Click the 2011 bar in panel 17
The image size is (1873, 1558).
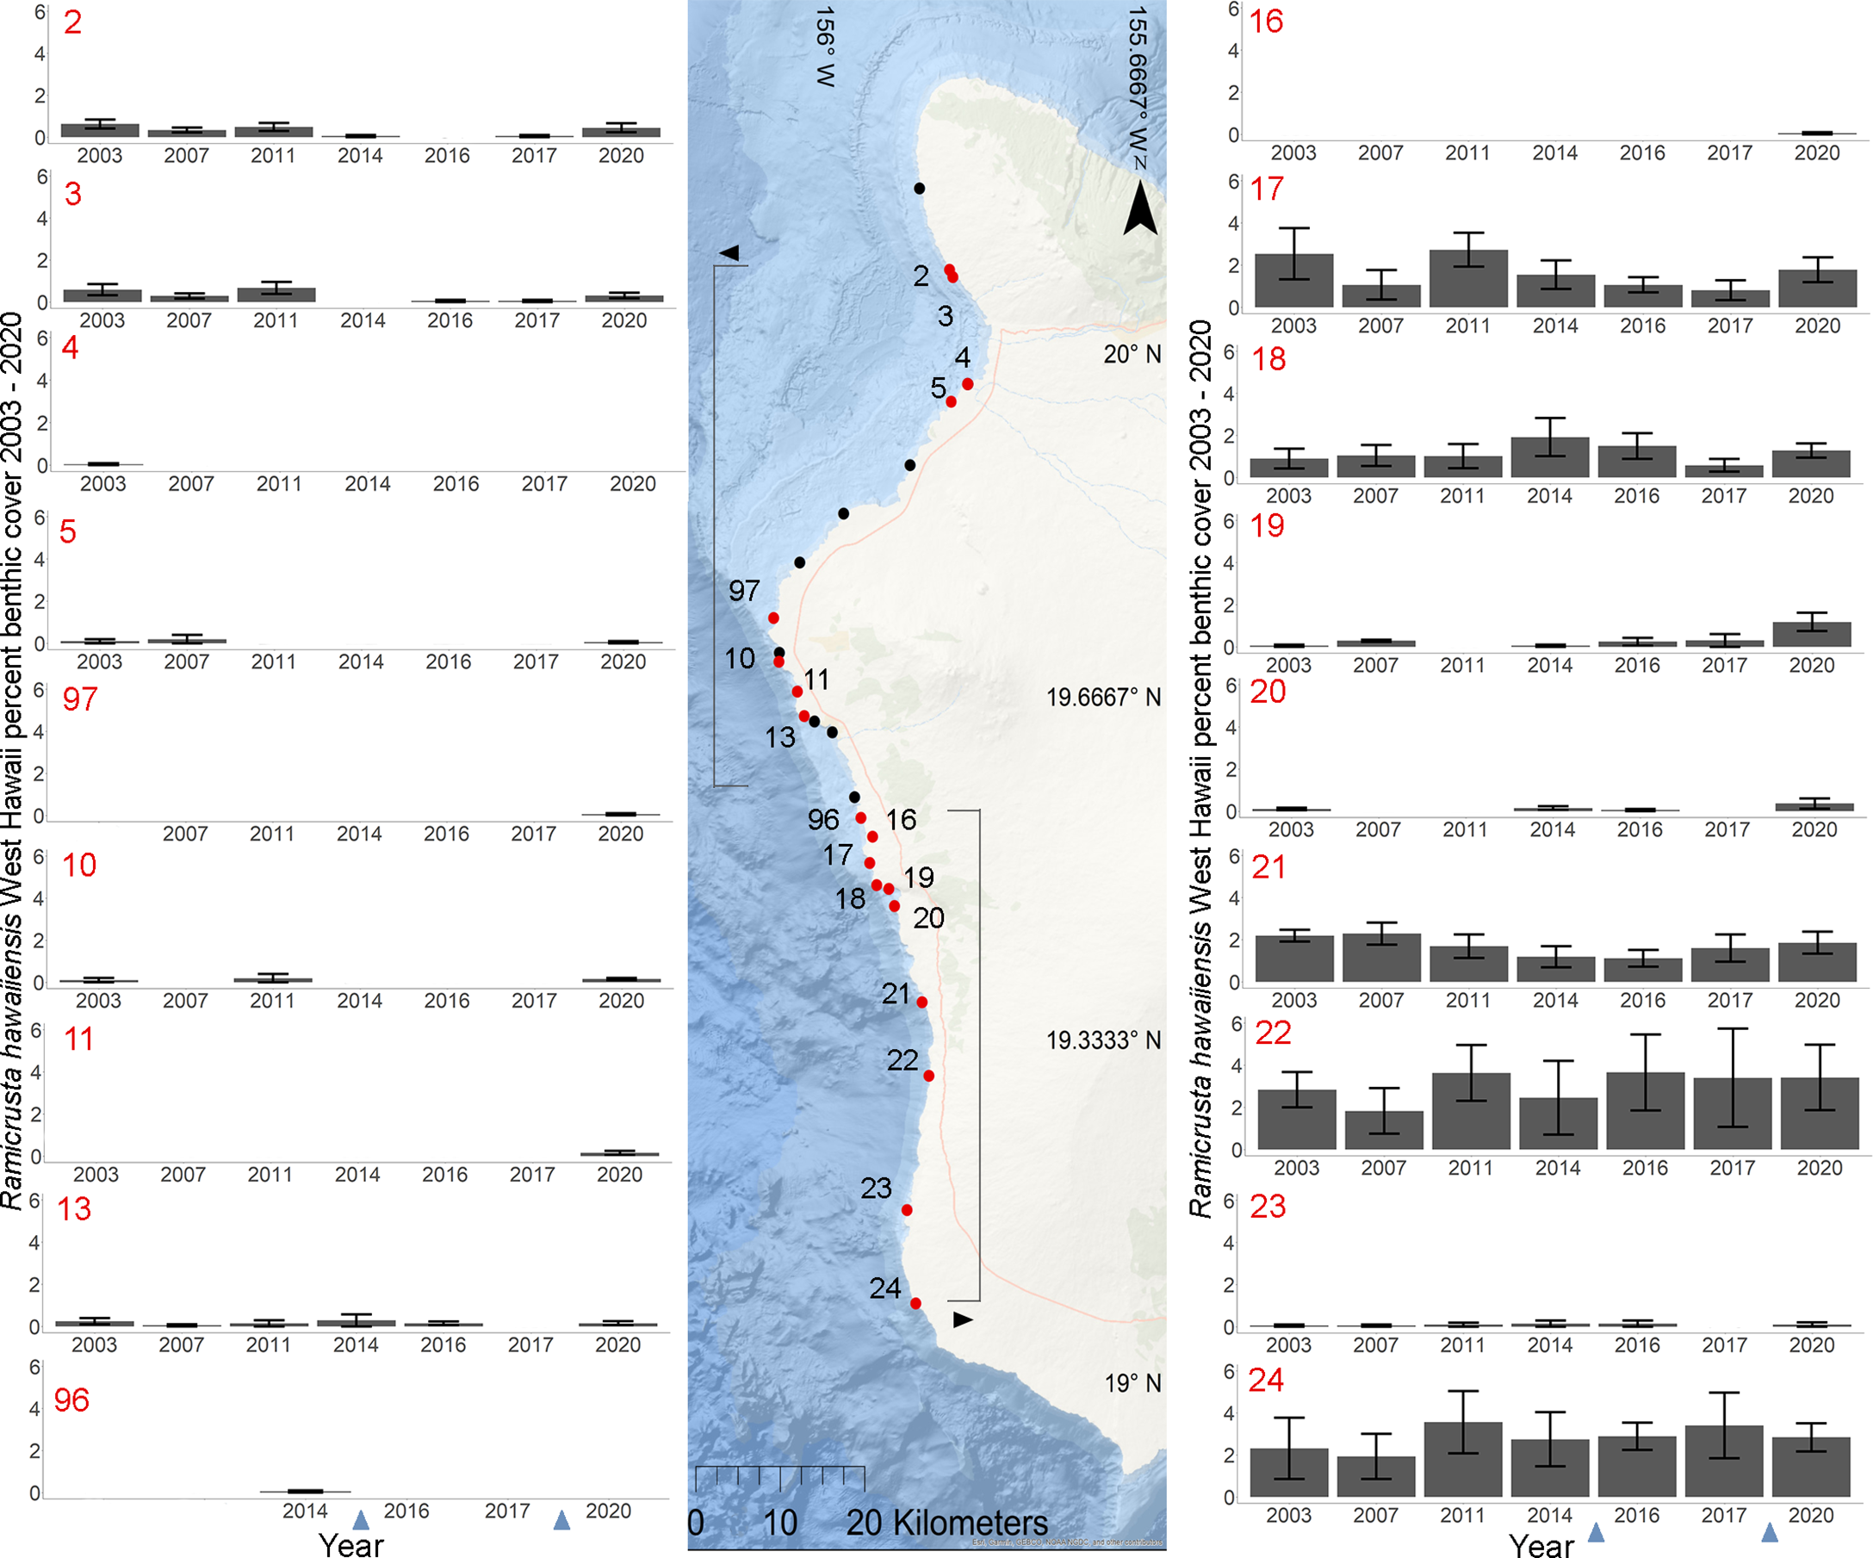tap(1468, 279)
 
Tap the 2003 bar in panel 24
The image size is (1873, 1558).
tap(1289, 1473)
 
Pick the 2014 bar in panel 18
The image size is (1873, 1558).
tap(1550, 456)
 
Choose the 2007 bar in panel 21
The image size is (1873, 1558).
tap(1381, 958)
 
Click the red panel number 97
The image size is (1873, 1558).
tap(80, 699)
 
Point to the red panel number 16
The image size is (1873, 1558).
tap(1266, 22)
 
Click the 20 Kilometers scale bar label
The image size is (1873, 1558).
tap(946, 1523)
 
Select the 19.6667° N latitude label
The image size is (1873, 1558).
tap(1103, 698)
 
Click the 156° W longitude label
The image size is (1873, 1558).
tap(825, 47)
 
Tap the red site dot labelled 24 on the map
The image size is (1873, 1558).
tap(915, 1303)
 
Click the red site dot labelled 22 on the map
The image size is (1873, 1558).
tap(928, 1076)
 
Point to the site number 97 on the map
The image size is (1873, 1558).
tap(744, 590)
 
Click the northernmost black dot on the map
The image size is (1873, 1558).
tap(919, 188)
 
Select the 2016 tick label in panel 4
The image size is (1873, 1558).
tap(456, 484)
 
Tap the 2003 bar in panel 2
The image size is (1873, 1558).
tap(100, 130)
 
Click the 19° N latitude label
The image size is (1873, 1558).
tap(1132, 1383)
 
